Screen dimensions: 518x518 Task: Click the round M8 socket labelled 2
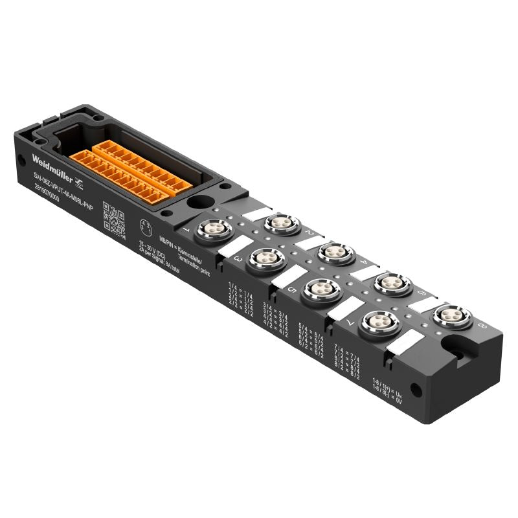point(280,223)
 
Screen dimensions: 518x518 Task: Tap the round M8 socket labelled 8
point(451,316)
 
